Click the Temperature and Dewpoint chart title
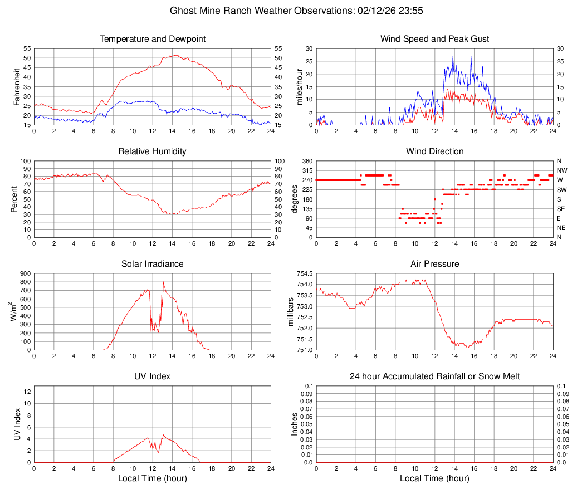(152, 39)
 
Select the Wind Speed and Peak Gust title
(434, 39)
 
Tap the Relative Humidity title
(152, 151)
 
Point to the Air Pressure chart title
(434, 264)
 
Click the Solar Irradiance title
(152, 264)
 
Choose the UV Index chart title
(152, 376)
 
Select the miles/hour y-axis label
(299, 86)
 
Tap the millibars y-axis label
(291, 312)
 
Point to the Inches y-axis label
(295, 424)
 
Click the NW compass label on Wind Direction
(562, 170)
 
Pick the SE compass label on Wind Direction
(561, 209)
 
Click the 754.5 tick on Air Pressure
(304, 274)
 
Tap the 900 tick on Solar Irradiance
(24, 274)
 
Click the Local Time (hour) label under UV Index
(152, 478)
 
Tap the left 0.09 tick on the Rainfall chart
(306, 393)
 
